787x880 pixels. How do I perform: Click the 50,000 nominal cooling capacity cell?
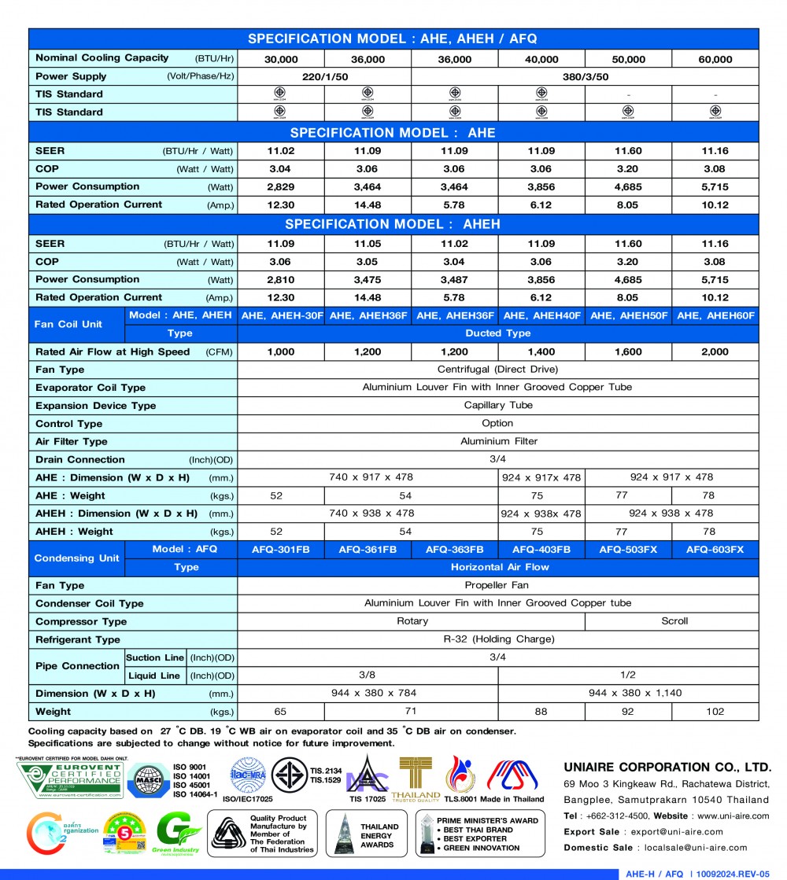(628, 59)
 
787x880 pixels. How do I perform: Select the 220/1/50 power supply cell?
(324, 77)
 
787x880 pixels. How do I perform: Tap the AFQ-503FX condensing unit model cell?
(628, 550)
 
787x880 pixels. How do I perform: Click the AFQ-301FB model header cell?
(281, 550)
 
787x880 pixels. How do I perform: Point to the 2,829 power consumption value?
(281, 187)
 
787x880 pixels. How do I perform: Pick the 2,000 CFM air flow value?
(715, 352)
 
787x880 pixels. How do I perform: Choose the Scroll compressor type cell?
(674, 621)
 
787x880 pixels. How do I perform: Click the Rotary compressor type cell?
(412, 621)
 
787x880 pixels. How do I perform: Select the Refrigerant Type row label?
(78, 639)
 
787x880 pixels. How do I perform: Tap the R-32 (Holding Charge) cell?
(498, 639)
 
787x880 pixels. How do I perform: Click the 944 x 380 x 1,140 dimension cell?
(628, 694)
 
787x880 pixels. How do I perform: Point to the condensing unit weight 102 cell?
(715, 712)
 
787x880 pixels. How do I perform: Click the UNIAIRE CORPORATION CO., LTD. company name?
(667, 767)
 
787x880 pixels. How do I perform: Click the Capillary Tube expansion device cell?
(498, 406)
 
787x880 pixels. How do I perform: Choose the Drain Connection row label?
(80, 460)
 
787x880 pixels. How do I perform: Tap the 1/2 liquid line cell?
(628, 676)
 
